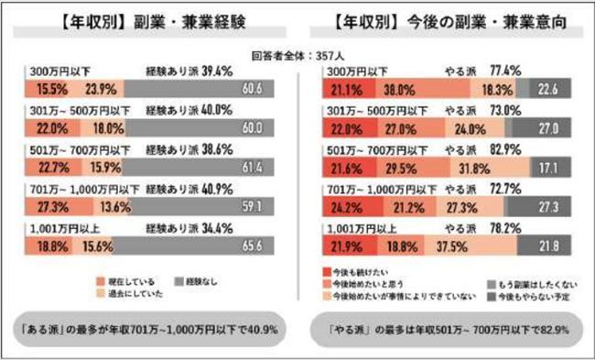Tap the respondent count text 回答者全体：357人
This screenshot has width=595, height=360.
click(x=297, y=53)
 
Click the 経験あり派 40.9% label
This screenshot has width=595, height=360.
click(x=195, y=187)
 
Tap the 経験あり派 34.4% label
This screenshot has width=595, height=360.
click(x=195, y=224)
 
